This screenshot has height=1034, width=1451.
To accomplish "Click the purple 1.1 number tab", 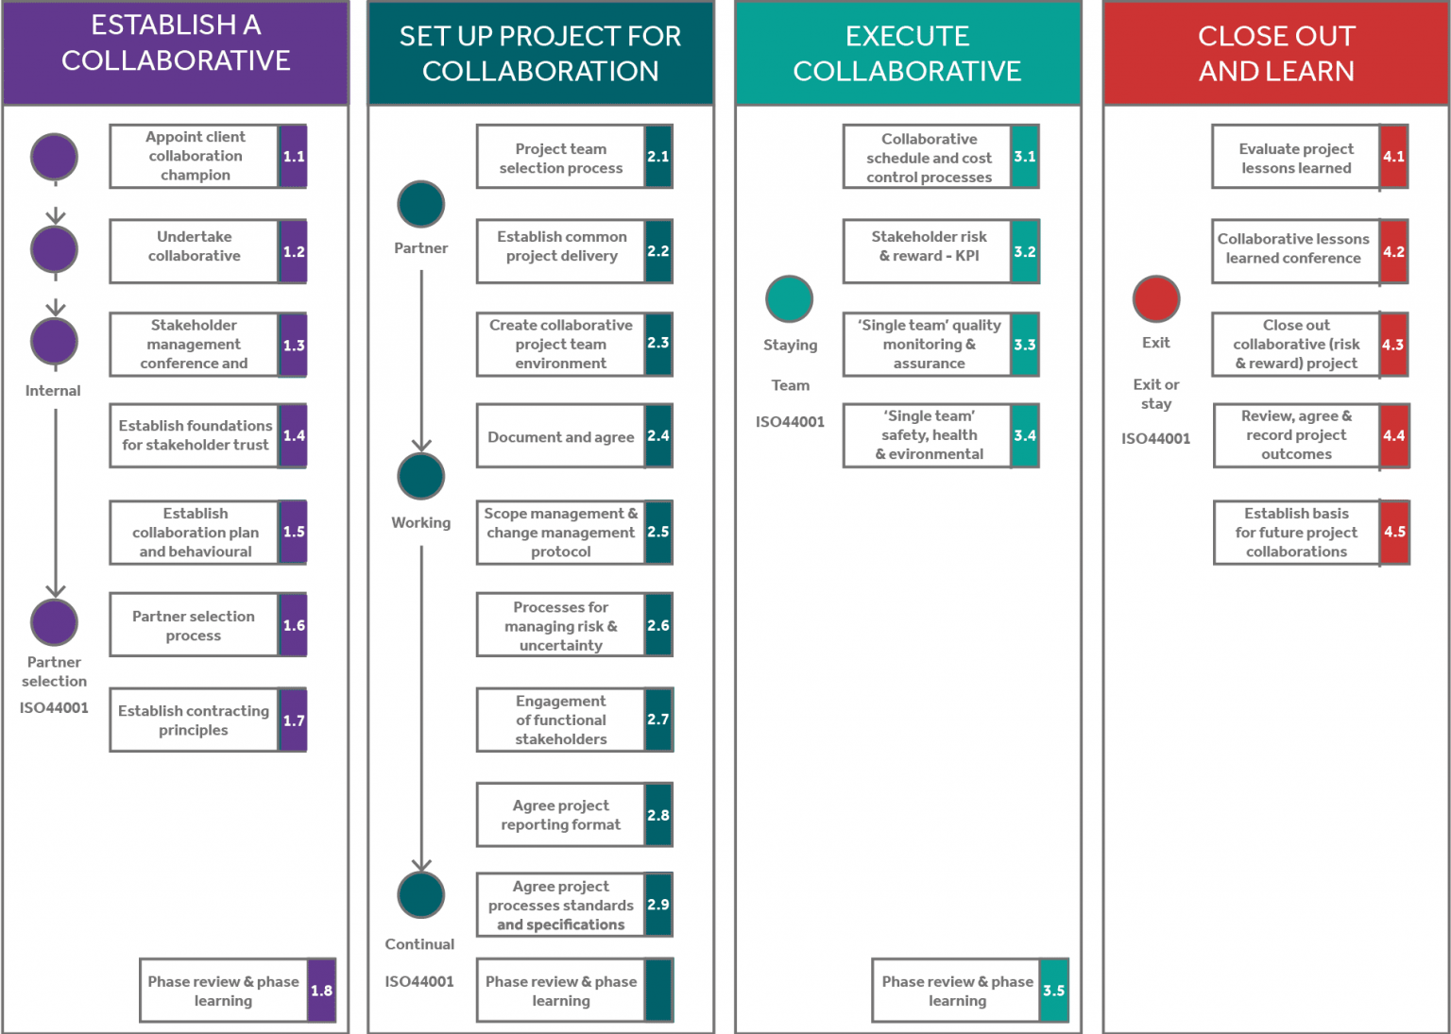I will click(x=294, y=157).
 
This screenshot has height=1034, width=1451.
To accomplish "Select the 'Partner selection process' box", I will click(x=194, y=625).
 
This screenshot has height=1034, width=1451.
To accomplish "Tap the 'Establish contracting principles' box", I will click(x=194, y=720).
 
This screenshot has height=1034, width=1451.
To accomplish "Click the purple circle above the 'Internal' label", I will click(x=55, y=342).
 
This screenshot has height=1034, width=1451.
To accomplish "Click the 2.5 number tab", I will click(x=658, y=533).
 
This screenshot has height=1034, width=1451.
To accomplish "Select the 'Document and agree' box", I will click(x=561, y=436).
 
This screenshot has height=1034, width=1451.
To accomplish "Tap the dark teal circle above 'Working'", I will click(x=421, y=477).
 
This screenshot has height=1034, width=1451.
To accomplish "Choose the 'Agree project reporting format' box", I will click(x=561, y=815).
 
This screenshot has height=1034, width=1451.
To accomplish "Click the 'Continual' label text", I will click(x=419, y=944).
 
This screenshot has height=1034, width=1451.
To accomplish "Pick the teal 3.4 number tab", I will click(x=1025, y=436).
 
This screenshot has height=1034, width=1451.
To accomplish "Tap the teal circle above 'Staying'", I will click(x=790, y=299).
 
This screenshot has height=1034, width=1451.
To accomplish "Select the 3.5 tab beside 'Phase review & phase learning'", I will click(x=1053, y=991).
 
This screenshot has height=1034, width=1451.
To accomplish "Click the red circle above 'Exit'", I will click(x=1156, y=299).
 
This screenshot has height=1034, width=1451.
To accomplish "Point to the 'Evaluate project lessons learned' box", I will click(x=1296, y=158).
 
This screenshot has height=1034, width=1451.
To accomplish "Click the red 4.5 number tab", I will click(x=1394, y=533).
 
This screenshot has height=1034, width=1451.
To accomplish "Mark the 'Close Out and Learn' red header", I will click(x=1276, y=53).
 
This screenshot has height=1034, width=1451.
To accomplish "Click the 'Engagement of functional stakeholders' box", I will click(x=561, y=720).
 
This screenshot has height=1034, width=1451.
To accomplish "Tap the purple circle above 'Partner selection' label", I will click(x=55, y=623).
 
